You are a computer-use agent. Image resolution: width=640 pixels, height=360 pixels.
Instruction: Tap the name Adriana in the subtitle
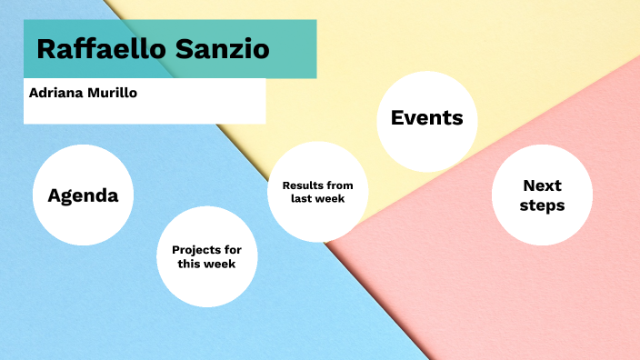coord(57,93)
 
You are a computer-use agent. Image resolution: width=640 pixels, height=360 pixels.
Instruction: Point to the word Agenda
coord(83,195)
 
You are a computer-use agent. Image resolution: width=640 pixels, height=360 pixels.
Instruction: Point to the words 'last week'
coord(317,199)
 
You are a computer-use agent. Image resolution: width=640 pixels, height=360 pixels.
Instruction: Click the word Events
coord(426,118)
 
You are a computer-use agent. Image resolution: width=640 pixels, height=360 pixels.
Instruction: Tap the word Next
coord(542,185)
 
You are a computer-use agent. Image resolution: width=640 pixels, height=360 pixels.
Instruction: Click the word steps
coord(542,205)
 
